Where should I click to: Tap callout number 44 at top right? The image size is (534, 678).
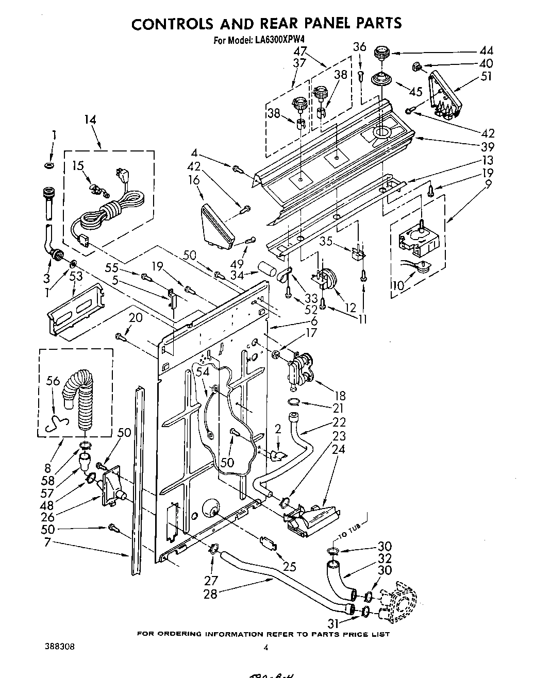(x=486, y=50)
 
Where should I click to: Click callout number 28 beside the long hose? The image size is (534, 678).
(x=210, y=593)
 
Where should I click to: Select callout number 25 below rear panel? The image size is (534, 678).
(x=290, y=567)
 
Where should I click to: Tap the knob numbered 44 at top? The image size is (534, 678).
(x=381, y=52)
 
